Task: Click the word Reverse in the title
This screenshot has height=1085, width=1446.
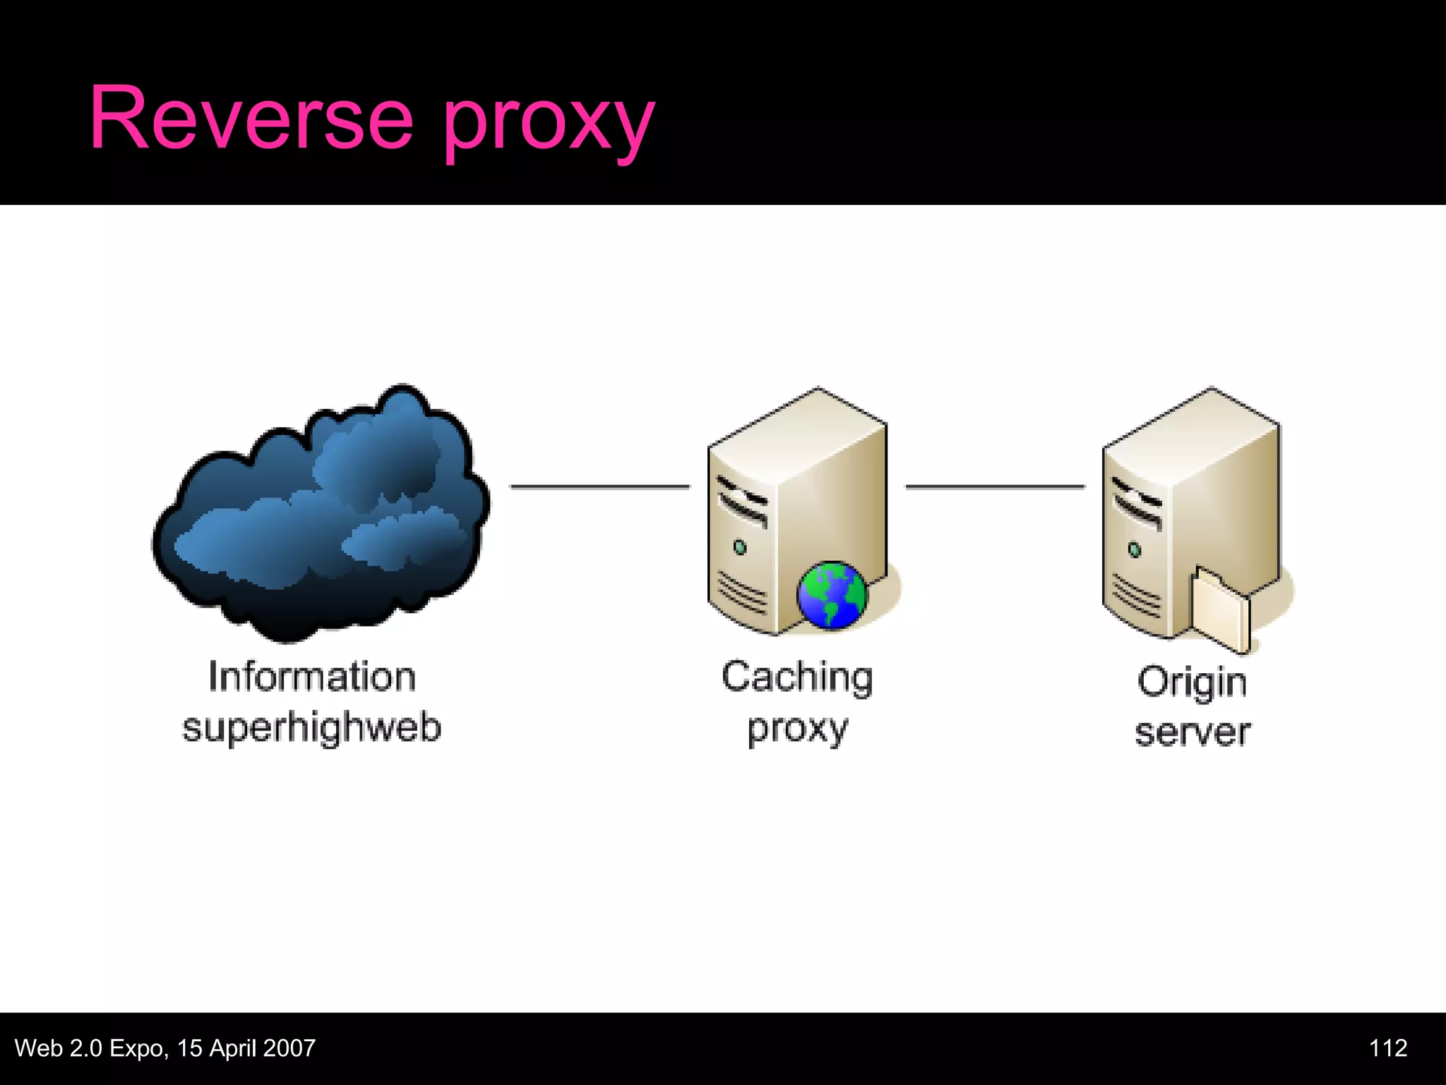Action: (x=251, y=119)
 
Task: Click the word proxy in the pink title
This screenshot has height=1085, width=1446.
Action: (x=549, y=124)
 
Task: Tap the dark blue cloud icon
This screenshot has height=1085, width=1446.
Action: (x=321, y=512)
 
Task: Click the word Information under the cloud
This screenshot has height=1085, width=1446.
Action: (x=311, y=677)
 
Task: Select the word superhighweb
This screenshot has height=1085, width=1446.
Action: (x=311, y=728)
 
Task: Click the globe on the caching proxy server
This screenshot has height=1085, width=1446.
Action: (x=832, y=595)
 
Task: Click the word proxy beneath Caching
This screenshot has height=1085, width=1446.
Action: (x=797, y=730)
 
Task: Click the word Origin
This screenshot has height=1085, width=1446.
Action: (x=1192, y=682)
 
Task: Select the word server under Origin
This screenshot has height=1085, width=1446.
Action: (x=1192, y=733)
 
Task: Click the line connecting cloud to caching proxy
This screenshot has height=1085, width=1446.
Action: (x=599, y=486)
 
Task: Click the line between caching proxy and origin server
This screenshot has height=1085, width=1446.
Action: (x=995, y=486)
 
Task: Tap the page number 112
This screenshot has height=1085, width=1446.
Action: (x=1387, y=1048)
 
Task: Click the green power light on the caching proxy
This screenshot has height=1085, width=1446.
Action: (x=740, y=547)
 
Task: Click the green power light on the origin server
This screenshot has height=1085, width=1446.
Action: (x=1135, y=549)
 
